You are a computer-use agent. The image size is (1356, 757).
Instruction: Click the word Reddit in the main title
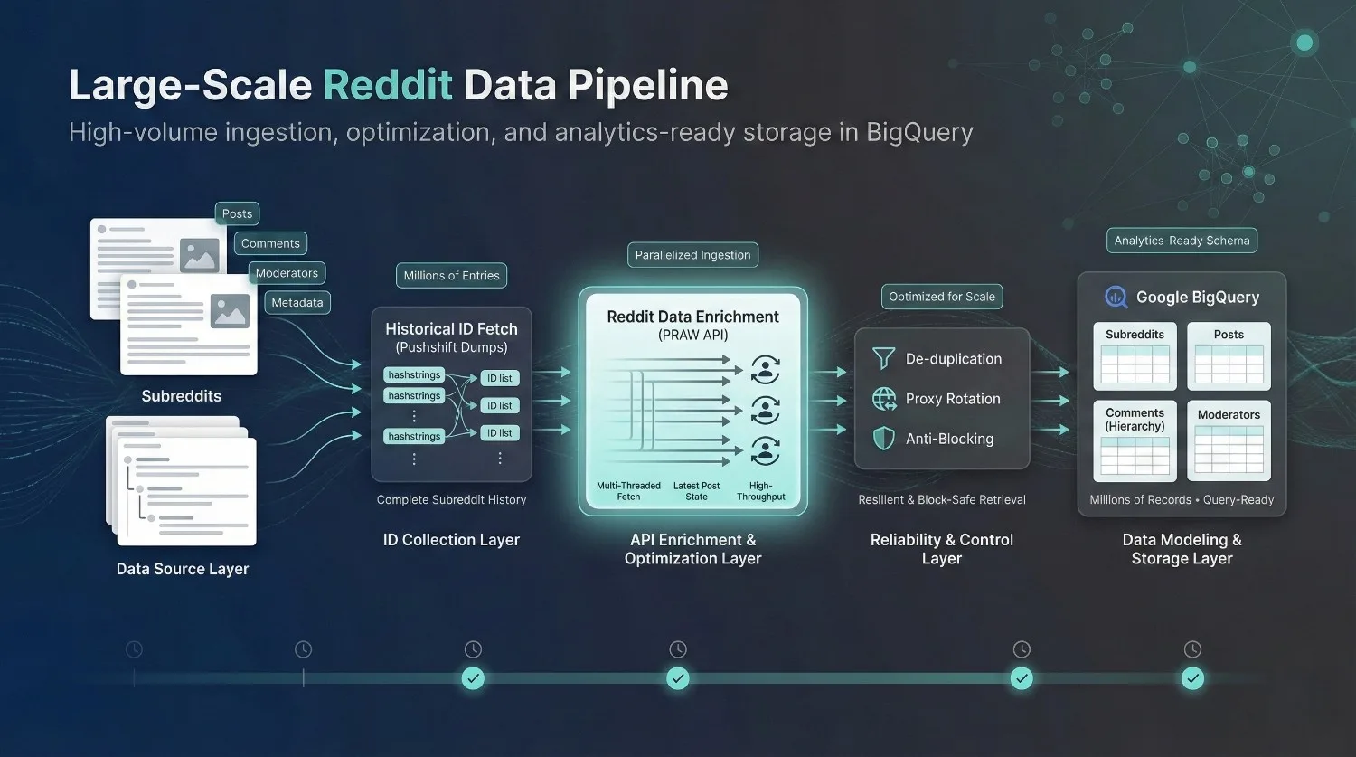pyautogui.click(x=388, y=85)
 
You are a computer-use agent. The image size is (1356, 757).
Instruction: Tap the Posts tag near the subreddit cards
pyautogui.click(x=237, y=213)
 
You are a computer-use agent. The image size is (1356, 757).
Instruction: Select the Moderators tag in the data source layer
pyautogui.click(x=287, y=273)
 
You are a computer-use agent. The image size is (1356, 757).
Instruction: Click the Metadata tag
pyautogui.click(x=297, y=303)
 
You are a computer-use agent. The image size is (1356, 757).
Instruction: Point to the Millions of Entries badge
pyautogui.click(x=451, y=276)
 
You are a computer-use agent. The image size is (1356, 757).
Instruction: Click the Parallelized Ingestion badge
pyautogui.click(x=692, y=255)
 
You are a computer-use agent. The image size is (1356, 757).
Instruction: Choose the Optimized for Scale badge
pyautogui.click(x=941, y=297)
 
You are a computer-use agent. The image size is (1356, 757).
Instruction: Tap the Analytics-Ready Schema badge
pyautogui.click(x=1182, y=241)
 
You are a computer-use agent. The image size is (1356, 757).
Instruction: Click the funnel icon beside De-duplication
pyautogui.click(x=883, y=359)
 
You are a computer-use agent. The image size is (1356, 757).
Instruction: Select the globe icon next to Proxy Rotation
pyautogui.click(x=883, y=399)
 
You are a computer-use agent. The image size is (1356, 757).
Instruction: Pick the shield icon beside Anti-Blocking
pyautogui.click(x=883, y=439)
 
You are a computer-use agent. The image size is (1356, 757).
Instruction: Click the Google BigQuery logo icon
pyautogui.click(x=1116, y=297)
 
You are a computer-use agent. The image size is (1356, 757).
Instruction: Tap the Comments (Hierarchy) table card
pyautogui.click(x=1135, y=440)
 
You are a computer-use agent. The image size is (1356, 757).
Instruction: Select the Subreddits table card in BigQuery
pyautogui.click(x=1135, y=355)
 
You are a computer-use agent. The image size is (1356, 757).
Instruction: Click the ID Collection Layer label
pyautogui.click(x=451, y=540)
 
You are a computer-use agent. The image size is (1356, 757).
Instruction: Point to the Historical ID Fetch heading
pyautogui.click(x=451, y=329)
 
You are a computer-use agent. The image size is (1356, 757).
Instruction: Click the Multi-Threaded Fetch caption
pyautogui.click(x=628, y=491)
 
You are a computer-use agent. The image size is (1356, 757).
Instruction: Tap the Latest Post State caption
pyautogui.click(x=696, y=491)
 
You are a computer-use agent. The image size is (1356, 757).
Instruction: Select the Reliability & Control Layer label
pyautogui.click(x=941, y=549)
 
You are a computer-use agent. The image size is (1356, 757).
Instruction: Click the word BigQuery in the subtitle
pyautogui.click(x=919, y=133)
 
